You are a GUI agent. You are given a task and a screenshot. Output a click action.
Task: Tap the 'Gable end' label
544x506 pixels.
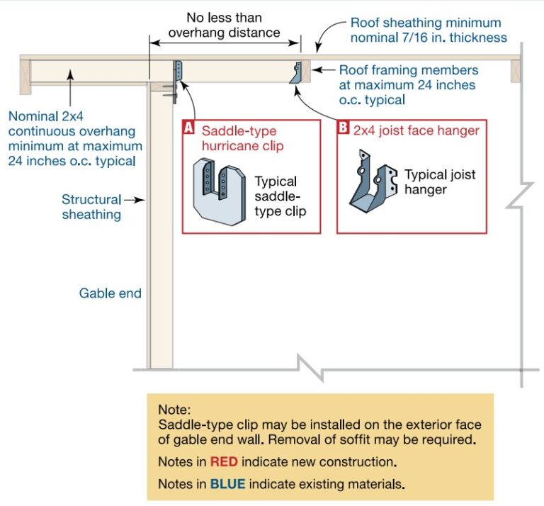pos(110,293)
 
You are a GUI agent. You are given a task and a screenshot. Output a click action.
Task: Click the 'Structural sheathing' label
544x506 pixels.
pos(91,207)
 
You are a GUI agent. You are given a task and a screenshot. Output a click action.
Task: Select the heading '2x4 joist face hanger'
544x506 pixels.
pos(416,130)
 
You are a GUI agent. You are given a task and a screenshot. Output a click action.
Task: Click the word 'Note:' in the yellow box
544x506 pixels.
pos(174,409)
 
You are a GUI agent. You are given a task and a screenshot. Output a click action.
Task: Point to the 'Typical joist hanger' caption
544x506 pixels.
pos(439,181)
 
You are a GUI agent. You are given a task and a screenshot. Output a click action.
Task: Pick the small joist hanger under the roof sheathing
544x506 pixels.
pos(297,72)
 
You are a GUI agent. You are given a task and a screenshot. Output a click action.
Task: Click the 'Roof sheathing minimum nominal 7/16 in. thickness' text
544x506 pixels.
pos(425,30)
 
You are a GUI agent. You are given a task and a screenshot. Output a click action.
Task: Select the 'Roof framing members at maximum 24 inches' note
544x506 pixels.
pos(408,85)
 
